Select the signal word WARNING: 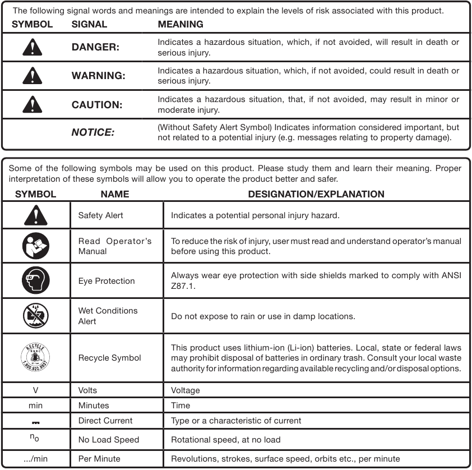[x=98, y=76]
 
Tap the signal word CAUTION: [x=96, y=104]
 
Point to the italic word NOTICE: [x=92, y=133]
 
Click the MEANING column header [x=180, y=24]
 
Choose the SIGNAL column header [x=90, y=24]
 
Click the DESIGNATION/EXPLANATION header [x=316, y=194]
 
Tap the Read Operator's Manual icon [x=36, y=246]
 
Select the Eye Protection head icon [x=36, y=280]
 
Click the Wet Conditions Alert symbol [x=36, y=316]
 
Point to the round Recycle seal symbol [x=36, y=357]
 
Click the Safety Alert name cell [x=100, y=215]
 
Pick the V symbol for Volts [x=35, y=390]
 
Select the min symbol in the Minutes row [x=35, y=406]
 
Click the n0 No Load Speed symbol [x=35, y=439]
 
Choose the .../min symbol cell [x=35, y=458]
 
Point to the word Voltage [x=185, y=390]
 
